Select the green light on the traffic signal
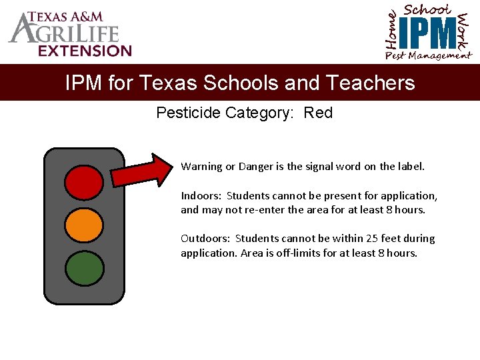[x=84, y=267]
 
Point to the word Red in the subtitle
[x=318, y=113]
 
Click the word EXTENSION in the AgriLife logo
[x=85, y=51]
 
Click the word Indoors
[x=201, y=196]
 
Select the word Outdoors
[x=205, y=239]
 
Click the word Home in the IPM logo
[x=393, y=30]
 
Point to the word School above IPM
[x=428, y=9]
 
